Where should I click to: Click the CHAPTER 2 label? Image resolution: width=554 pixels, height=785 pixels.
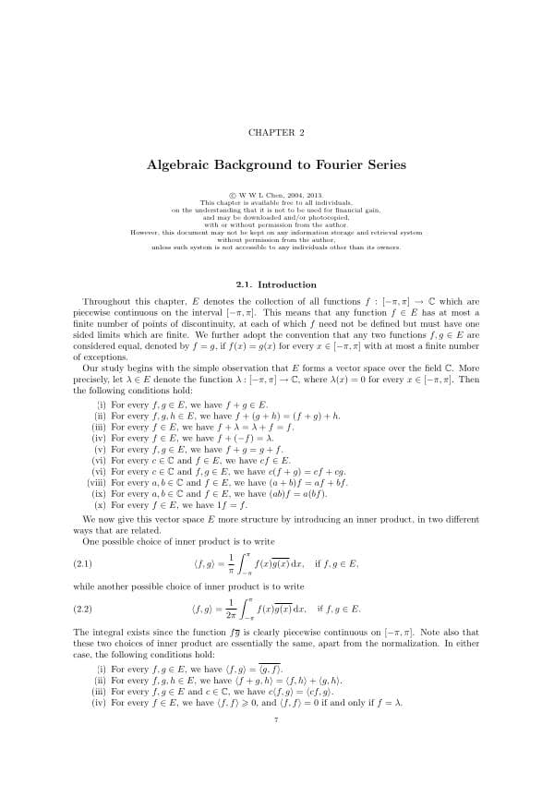[276, 133]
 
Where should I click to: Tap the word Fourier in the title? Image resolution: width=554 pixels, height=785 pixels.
[331, 165]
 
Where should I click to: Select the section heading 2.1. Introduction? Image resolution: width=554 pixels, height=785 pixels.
[276, 284]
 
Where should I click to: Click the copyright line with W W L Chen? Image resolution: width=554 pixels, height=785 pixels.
[276, 195]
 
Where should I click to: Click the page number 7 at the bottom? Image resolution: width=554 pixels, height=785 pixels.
[276, 720]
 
